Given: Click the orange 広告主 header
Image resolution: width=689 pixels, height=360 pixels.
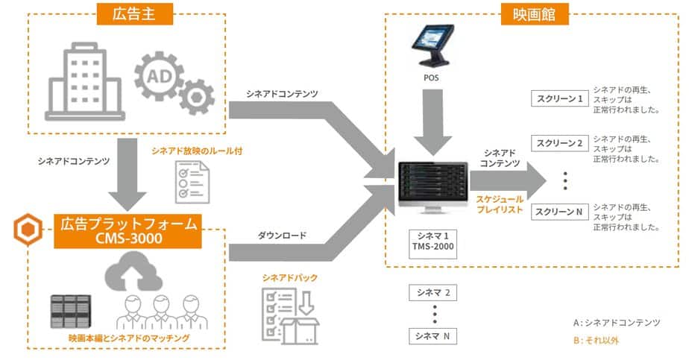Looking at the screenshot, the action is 134,14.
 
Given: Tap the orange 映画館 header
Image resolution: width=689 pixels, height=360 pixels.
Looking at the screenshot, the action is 535,14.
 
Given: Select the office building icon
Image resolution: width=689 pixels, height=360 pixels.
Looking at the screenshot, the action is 85,82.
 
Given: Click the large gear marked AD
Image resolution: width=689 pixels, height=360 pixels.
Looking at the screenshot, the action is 159,76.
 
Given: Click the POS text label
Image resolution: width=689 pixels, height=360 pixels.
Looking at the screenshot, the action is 431,78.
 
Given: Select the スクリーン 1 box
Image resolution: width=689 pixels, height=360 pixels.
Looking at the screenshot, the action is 559,99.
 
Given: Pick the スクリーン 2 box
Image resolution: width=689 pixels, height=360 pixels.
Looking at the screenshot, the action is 559,143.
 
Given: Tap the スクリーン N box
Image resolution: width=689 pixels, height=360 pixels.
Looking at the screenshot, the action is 559,212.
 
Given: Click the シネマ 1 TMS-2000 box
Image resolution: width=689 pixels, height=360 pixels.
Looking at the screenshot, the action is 432,243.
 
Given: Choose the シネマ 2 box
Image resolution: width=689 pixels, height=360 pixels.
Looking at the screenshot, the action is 432,293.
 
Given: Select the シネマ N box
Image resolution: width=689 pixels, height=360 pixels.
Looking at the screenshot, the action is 432,336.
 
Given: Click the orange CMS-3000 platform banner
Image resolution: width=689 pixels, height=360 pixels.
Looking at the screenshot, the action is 128,231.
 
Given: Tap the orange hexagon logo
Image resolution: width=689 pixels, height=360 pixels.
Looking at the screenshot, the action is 28,230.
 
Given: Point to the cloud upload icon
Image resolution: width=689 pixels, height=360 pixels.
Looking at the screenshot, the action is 133,272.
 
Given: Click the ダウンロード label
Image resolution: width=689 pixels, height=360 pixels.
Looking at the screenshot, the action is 282,236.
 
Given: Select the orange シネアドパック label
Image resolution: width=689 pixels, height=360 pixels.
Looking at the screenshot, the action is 289,277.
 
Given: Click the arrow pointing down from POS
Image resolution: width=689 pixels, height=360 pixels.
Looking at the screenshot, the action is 432,122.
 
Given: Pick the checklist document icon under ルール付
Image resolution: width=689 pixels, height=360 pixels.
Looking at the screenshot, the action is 192,182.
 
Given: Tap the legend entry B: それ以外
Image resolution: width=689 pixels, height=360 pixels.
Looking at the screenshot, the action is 596,340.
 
